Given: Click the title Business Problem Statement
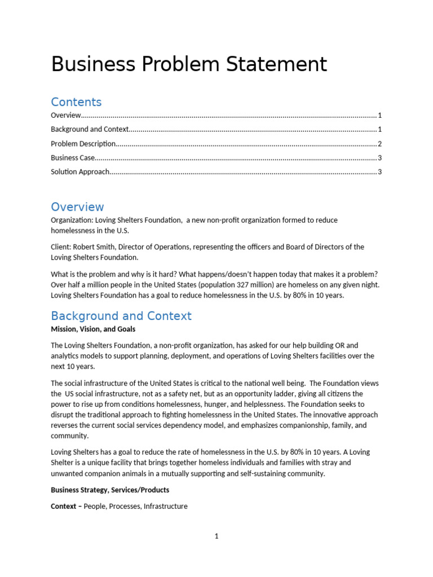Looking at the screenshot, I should (189, 64).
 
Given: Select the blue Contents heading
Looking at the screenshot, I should (76, 102).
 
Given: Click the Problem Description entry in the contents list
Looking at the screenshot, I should (83, 144).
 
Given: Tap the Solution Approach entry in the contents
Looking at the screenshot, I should (80, 172).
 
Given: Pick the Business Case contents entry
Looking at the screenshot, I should (73, 158).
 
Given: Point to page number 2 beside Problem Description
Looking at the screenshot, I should (380, 144).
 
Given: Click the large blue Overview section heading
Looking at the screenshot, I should (77, 207).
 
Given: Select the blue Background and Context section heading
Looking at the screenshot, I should (121, 316).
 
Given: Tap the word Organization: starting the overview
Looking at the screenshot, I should (72, 220).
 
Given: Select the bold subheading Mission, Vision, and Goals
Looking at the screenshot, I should (93, 329).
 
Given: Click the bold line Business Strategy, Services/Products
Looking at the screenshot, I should (110, 490).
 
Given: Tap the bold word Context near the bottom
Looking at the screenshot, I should (63, 506).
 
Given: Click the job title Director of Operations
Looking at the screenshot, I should (152, 247).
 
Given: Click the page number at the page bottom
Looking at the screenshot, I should (216, 536).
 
